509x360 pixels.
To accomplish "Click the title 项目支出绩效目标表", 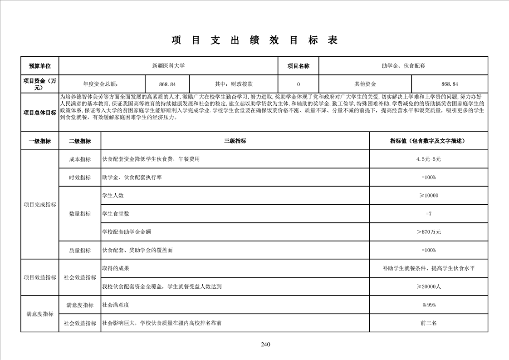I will click(x=254, y=40).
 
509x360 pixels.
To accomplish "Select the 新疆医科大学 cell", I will click(x=168, y=66).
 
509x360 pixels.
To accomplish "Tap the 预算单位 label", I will click(x=40, y=66).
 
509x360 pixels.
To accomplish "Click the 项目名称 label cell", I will click(x=298, y=66).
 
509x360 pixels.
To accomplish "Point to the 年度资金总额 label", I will click(x=102, y=84).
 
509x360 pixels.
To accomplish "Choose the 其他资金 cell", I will click(x=365, y=84).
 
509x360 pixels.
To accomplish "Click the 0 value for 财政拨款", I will click(x=298, y=84).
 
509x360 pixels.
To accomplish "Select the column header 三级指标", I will click(x=235, y=141).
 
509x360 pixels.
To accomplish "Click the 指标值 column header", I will click(x=428, y=141).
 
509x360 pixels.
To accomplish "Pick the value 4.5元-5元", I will click(x=428, y=159).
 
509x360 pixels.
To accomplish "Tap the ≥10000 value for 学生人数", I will click(x=428, y=196).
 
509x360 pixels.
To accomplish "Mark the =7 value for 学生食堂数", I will click(x=428, y=214).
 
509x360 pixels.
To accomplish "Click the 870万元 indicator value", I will click(x=428, y=232).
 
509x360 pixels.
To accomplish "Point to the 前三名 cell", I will click(x=428, y=323).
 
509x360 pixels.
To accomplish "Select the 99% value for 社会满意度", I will click(x=428, y=305).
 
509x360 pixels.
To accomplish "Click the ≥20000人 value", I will click(x=428, y=287).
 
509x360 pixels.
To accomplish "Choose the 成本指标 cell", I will click(x=80, y=159).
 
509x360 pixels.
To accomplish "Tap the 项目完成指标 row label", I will click(x=40, y=205).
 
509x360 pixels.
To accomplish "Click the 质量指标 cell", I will click(x=80, y=250).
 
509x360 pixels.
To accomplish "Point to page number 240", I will click(x=266, y=345).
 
